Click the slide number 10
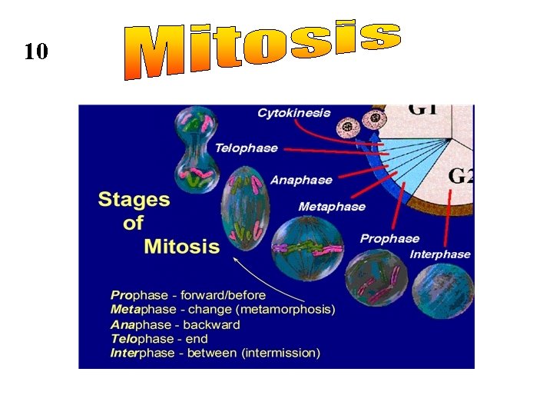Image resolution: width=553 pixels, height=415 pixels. click(35, 52)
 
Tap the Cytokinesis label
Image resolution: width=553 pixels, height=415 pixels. click(293, 113)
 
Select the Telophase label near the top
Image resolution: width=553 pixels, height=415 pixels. click(246, 148)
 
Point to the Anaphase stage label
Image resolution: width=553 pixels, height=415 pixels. click(301, 180)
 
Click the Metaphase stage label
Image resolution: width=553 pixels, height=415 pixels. click(332, 207)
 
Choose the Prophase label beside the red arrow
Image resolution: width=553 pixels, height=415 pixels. click(389, 238)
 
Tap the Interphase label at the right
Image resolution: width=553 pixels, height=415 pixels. click(439, 254)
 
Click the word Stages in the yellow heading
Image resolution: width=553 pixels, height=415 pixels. click(134, 200)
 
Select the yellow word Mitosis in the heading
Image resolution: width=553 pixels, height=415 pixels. click(181, 247)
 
